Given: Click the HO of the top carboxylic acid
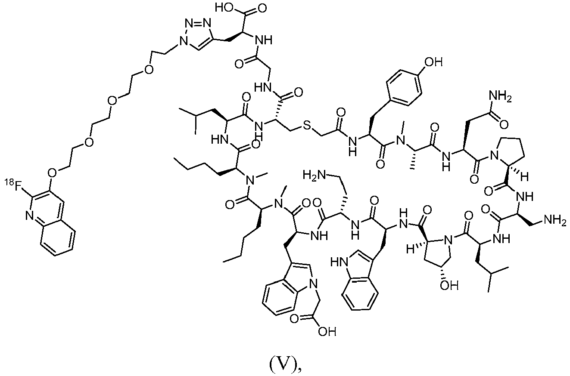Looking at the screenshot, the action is (224, 8).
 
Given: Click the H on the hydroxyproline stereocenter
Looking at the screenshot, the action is (409, 249).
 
